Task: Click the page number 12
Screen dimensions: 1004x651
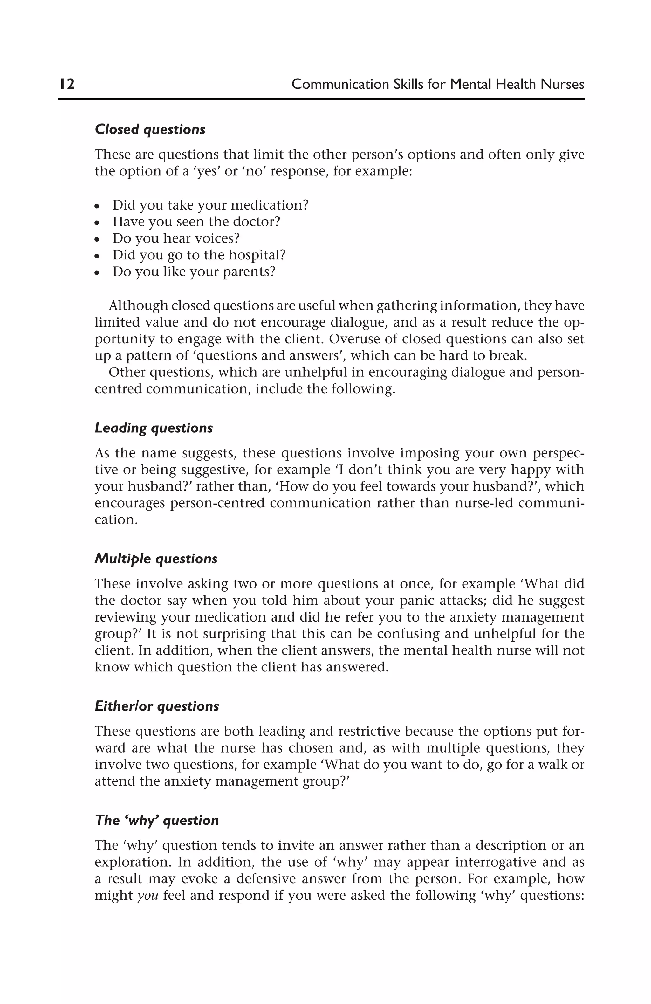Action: [x=67, y=84]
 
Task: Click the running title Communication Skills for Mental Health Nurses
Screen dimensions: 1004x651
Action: [x=437, y=84]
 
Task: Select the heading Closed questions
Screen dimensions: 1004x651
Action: [x=150, y=129]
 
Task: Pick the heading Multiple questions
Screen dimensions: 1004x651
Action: [x=156, y=559]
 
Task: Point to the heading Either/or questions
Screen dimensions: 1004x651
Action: [x=156, y=706]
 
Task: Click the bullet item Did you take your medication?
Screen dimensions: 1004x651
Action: [x=210, y=205]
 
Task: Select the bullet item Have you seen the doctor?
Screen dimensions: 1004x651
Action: [x=196, y=222]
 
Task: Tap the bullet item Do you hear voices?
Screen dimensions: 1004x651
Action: [x=175, y=238]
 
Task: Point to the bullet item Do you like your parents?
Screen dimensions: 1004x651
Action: [x=194, y=272]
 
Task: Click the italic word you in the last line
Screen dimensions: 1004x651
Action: [x=148, y=895]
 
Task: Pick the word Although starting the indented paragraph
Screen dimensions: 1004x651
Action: [x=138, y=306]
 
